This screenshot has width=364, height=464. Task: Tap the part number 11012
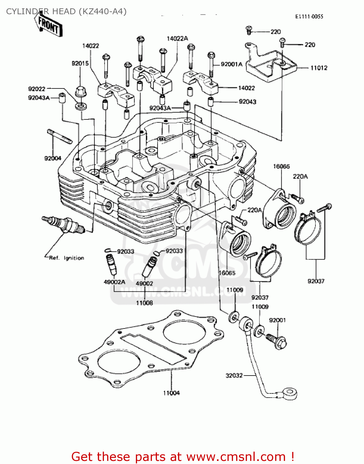coord(319,68)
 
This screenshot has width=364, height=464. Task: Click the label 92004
coord(53,158)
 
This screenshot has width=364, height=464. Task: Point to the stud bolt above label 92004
coord(60,136)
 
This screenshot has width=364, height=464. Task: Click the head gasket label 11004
coord(171,393)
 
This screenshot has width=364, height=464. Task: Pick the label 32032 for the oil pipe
coord(234,376)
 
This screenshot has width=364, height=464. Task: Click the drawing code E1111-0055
coord(309,17)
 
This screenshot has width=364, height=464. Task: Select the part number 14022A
coord(177,39)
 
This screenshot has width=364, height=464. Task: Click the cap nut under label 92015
coord(81,92)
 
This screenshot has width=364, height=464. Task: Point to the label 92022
coord(37,89)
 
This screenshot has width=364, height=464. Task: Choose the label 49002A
coord(114,282)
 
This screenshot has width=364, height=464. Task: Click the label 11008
coord(144,303)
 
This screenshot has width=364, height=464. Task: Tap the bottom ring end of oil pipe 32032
coord(290,394)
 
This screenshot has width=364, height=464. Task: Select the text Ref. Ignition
coord(67,258)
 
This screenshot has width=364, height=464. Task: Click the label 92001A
coord(232,64)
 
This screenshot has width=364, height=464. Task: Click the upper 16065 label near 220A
coord(281,166)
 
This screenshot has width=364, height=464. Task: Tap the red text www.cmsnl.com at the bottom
coord(236,457)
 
